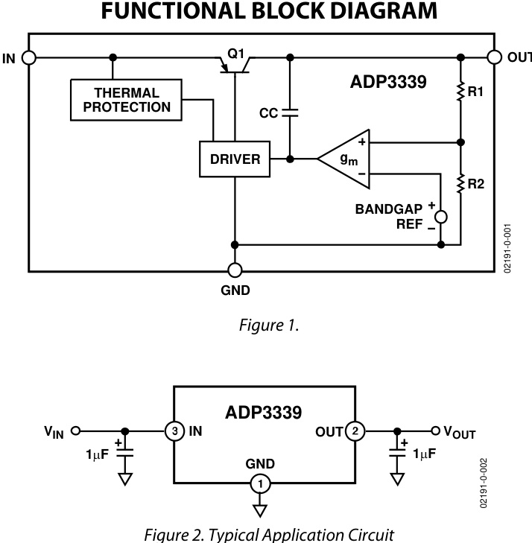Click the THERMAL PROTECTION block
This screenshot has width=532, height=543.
coord(127,100)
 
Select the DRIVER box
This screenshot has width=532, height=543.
coord(235,159)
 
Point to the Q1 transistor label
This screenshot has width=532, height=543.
coord(235,54)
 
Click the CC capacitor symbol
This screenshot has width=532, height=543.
coord(289,112)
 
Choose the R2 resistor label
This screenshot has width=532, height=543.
coord(476,182)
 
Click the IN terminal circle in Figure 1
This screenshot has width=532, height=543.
coord(29,57)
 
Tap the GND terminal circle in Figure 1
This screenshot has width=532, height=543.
coord(235,270)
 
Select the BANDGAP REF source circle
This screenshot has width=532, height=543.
coord(441,217)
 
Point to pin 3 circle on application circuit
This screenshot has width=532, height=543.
coord(174,431)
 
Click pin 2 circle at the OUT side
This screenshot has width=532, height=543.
coord(357,431)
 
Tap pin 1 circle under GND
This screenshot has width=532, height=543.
coord(260,483)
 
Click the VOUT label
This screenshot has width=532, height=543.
coord(460,432)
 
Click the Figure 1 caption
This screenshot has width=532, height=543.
coord(266,326)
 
